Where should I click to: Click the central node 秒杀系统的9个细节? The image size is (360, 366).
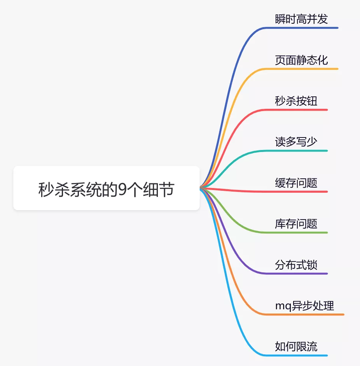[106, 188]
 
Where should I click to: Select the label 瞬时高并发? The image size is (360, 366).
[301, 19]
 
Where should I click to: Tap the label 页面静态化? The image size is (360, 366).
[301, 60]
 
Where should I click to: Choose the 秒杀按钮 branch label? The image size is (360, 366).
[296, 101]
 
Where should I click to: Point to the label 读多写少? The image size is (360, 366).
[296, 142]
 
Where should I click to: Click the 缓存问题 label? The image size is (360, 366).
[296, 183]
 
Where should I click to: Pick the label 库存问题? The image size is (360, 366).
[296, 224]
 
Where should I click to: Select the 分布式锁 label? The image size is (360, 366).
[296, 265]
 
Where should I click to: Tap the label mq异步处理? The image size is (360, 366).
[305, 306]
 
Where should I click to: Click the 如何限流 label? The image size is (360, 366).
[296, 347]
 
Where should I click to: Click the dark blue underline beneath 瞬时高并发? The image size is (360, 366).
[301, 28]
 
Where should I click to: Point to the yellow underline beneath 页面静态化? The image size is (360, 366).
[301, 69]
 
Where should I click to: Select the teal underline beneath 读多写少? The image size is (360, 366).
[296, 151]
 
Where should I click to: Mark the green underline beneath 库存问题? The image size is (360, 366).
[296, 233]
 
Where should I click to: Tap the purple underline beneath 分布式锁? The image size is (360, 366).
[296, 274]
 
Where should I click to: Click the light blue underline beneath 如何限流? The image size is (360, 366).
[296, 356]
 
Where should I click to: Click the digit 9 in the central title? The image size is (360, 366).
[122, 189]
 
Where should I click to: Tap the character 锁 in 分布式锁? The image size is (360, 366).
[312, 265]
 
